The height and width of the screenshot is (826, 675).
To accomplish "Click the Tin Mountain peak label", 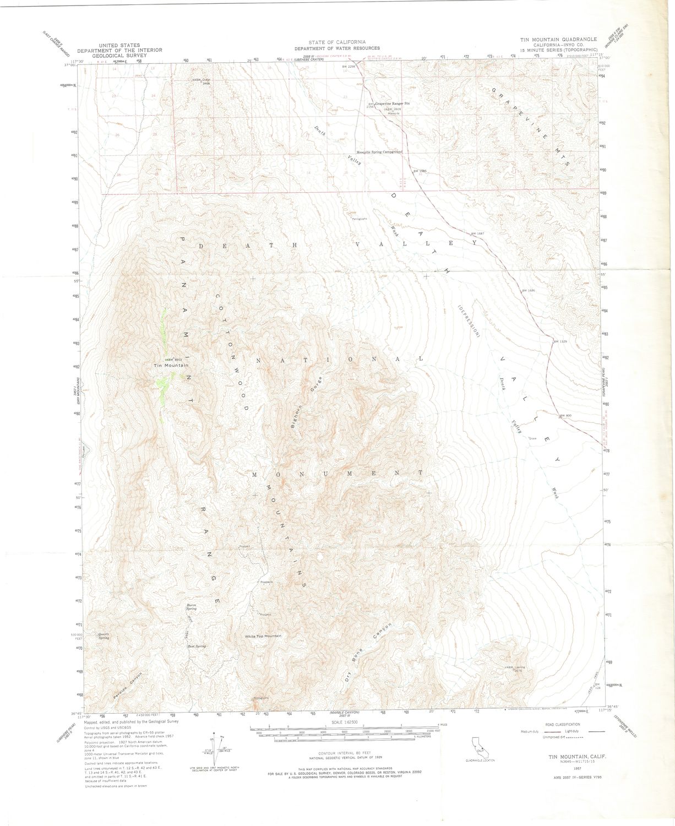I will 172,366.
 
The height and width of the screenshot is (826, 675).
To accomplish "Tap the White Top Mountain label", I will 263,636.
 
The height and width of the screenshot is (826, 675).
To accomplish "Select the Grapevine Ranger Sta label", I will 393,103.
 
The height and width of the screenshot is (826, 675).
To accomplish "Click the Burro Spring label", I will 191,607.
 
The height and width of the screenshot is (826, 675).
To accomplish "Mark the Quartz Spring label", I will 104,636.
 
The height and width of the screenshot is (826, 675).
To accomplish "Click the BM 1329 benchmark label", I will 560,342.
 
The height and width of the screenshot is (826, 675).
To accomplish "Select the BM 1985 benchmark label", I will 420,171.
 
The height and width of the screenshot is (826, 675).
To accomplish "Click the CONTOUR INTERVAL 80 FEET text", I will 344,753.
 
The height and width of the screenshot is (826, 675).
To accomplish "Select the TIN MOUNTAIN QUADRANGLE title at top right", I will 559,40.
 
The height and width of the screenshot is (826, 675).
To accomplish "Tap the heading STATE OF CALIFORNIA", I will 337,42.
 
